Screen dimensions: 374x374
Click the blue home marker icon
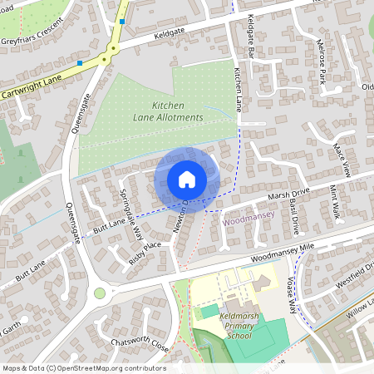pyautogui.click(x=186, y=179)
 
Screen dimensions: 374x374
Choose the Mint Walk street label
pyautogui.click(x=336, y=202)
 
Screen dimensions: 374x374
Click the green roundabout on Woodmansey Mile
pyautogui.click(x=101, y=293)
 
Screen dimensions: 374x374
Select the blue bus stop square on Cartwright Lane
pyautogui.click(x=80, y=62)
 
